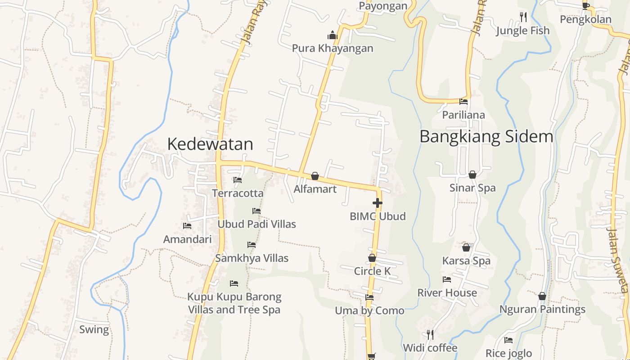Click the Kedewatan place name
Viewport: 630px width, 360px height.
[x=210, y=144]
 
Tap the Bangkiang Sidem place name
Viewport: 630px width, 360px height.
[x=486, y=136]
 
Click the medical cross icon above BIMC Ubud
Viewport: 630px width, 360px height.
[x=378, y=203]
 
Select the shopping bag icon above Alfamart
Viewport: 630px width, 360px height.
[x=315, y=176]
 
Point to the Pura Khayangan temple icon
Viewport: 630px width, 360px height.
[x=333, y=35]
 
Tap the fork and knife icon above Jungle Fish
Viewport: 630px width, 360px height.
[x=523, y=17]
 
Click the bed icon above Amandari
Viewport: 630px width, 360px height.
[x=187, y=226]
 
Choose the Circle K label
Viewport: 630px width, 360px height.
[x=372, y=271]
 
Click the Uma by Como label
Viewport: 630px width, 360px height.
[x=369, y=310]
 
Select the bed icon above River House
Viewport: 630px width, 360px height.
[x=447, y=279]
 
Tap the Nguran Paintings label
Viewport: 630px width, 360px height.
[x=542, y=309]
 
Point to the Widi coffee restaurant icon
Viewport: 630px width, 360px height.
[x=430, y=334]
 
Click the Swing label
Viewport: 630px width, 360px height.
[x=94, y=329]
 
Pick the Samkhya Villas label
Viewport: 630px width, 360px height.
[x=252, y=258]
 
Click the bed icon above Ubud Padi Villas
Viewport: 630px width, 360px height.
[x=256, y=211]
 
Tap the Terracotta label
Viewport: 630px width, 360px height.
[x=238, y=193]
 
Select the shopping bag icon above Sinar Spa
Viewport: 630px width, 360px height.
[x=472, y=175]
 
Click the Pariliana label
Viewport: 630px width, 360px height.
[x=463, y=115]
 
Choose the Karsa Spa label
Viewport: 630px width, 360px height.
[x=466, y=261]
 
